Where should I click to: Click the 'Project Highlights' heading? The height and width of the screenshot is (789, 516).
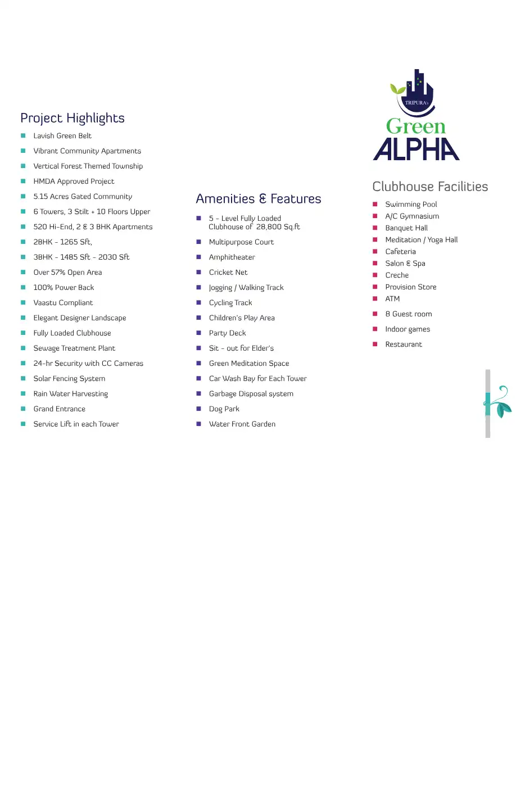pyautogui.click(x=73, y=118)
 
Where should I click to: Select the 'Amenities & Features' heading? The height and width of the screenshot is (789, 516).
pyautogui.click(x=259, y=199)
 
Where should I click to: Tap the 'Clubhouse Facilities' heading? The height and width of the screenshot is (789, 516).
pyautogui.click(x=430, y=187)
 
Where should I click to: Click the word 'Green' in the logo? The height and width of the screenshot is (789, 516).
pyautogui.click(x=416, y=126)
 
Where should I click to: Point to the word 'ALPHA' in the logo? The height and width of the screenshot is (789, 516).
pyautogui.click(x=417, y=149)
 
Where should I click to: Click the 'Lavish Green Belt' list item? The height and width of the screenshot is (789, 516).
pyautogui.click(x=62, y=136)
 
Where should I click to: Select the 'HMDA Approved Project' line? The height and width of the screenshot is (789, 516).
pyautogui.click(x=74, y=182)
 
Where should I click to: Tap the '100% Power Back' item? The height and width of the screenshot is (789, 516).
pyautogui.click(x=64, y=288)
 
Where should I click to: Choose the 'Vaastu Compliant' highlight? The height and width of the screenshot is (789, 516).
pyautogui.click(x=63, y=303)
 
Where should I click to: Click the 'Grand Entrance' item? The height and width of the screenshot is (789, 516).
pyautogui.click(x=60, y=409)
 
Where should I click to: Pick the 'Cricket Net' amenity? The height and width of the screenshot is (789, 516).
pyautogui.click(x=228, y=273)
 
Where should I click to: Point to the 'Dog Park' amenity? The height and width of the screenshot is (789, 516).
pyautogui.click(x=224, y=409)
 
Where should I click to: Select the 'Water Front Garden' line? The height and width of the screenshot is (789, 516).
pyautogui.click(x=242, y=424)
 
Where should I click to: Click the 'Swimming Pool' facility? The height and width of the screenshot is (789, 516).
pyautogui.click(x=411, y=205)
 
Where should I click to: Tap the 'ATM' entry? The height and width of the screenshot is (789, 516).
pyautogui.click(x=392, y=299)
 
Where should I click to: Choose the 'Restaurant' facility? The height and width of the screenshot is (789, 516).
pyautogui.click(x=404, y=344)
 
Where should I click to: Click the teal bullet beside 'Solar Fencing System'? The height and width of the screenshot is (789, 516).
pyautogui.click(x=23, y=379)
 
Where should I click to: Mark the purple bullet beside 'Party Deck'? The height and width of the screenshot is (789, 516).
pyautogui.click(x=198, y=333)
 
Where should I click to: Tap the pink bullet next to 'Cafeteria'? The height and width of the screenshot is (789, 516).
pyautogui.click(x=375, y=252)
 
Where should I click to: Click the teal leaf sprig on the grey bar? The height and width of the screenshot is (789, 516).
pyautogui.click(x=498, y=402)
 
